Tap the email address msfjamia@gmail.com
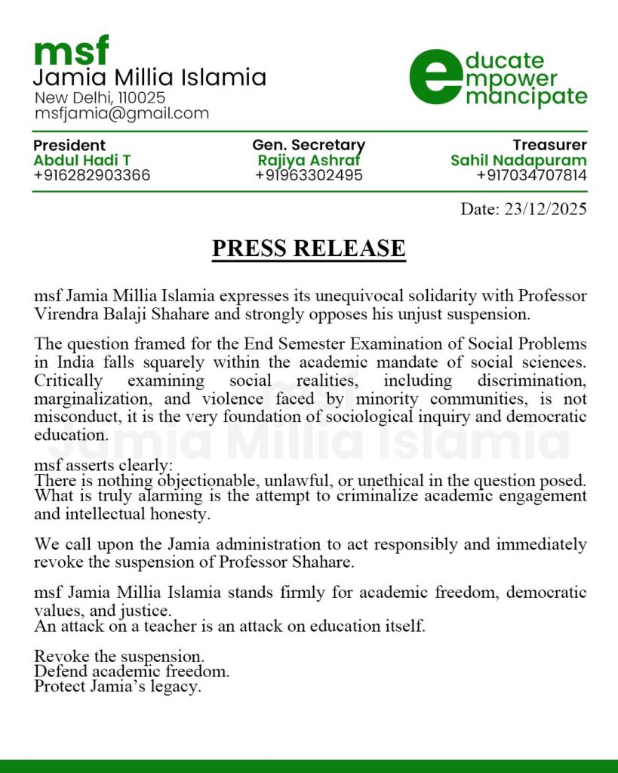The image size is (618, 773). click(x=121, y=114)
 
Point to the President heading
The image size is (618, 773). click(x=69, y=145)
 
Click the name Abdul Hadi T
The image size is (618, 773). click(x=82, y=160)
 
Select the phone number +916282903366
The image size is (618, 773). click(x=91, y=175)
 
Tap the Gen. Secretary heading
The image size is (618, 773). click(x=309, y=145)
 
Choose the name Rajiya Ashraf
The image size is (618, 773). click(x=309, y=160)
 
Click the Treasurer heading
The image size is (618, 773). click(x=549, y=145)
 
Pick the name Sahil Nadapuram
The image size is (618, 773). click(x=518, y=160)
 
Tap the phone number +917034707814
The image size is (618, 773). click(x=531, y=175)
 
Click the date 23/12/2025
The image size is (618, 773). click(x=543, y=209)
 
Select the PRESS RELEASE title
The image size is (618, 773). click(x=309, y=248)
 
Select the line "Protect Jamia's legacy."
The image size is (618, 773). click(x=118, y=687)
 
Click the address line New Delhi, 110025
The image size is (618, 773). click(x=100, y=98)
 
